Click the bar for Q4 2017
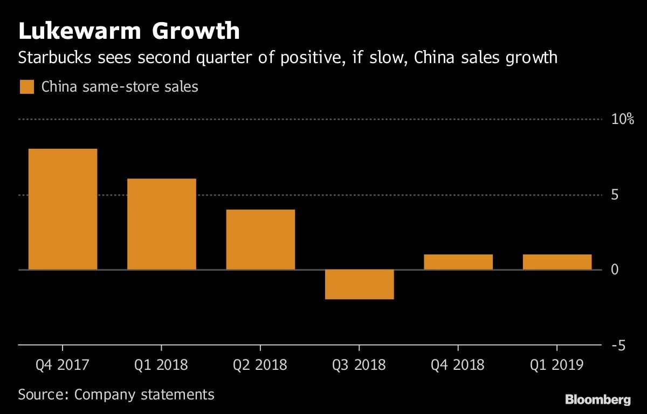pos(63,209)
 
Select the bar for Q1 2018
pos(162,224)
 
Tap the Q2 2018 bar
pos(260,239)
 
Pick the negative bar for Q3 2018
pos(360,284)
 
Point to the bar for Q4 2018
pos(458,262)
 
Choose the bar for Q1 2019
pos(557,262)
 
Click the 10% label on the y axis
pos(622,119)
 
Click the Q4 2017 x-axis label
pos(63,365)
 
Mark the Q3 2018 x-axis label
pos(360,365)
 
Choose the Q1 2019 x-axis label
pos(557,365)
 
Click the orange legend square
pos(26,87)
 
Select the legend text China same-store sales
pos(120,87)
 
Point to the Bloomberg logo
pos(597,399)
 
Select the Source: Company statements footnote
pos(116,394)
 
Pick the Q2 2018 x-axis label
pos(260,365)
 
